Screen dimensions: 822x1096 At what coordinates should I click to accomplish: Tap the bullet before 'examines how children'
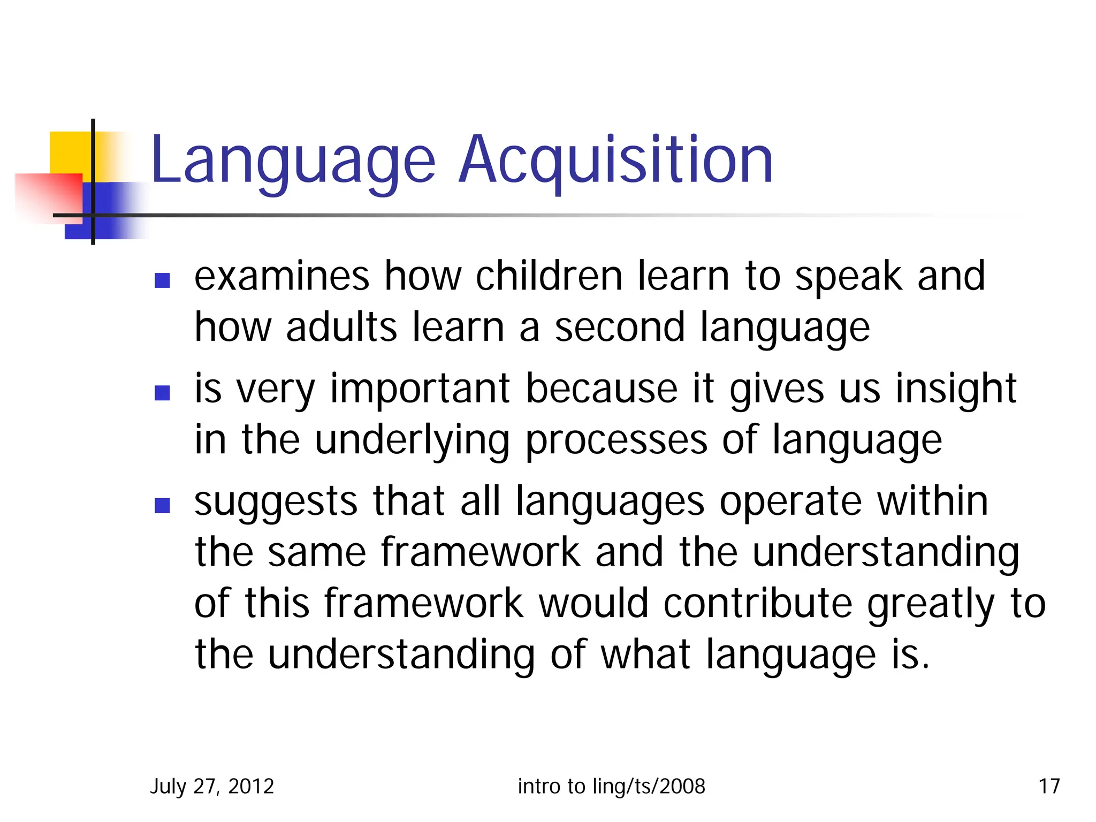click(162, 280)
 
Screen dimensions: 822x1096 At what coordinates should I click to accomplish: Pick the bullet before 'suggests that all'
click(162, 505)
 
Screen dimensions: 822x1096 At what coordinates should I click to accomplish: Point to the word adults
click(341, 327)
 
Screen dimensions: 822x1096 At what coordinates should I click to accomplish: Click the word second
click(619, 327)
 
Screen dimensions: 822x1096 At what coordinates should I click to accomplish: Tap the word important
click(420, 390)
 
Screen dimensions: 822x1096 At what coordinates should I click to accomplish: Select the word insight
click(956, 390)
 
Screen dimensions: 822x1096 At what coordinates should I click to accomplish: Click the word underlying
click(412, 441)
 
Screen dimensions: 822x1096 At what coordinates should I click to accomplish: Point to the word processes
click(616, 441)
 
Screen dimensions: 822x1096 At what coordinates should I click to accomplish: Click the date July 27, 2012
click(212, 786)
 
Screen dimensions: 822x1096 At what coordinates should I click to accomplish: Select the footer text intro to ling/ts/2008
click(611, 786)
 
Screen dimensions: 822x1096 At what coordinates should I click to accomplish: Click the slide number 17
click(1049, 786)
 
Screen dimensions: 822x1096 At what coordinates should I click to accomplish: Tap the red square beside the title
click(48, 195)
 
